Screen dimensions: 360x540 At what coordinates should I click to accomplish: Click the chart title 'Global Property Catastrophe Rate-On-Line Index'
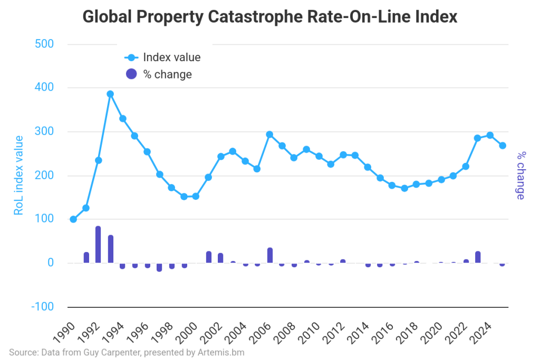(270, 17)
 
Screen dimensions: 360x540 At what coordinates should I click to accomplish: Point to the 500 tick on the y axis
(44, 44)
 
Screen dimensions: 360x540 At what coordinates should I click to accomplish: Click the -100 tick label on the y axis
(42, 307)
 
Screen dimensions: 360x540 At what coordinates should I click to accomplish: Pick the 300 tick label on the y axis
(44, 131)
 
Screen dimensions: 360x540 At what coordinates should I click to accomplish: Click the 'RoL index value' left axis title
(18, 175)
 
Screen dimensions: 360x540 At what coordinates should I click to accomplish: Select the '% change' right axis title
(520, 175)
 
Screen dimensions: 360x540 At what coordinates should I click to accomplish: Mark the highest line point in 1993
(110, 94)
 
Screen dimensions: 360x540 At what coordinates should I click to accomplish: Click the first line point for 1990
(73, 219)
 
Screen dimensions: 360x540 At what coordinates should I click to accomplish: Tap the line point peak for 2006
(269, 134)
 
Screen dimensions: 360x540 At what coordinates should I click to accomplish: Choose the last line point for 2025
(503, 145)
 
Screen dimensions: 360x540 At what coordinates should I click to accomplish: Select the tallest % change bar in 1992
(98, 245)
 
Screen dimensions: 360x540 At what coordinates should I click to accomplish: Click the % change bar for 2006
(270, 256)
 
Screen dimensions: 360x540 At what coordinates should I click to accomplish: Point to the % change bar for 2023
(478, 257)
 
